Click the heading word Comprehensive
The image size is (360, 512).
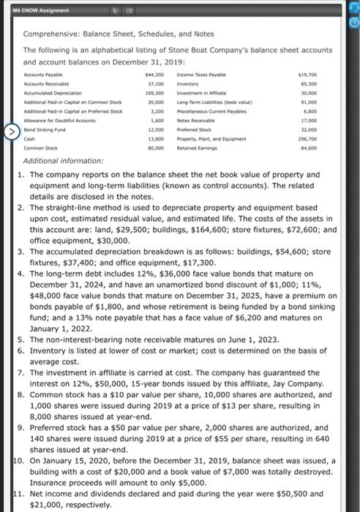click(53, 34)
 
